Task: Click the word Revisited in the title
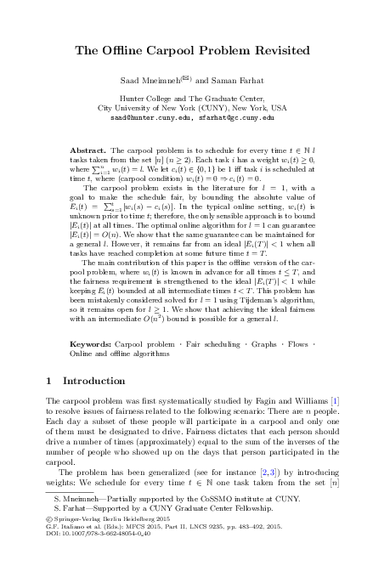click(268, 51)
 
